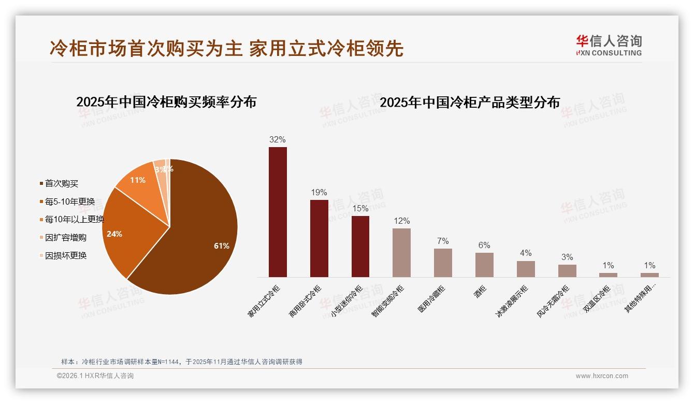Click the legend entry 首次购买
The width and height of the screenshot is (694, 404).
point(61,183)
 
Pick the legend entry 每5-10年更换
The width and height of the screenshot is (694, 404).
point(69,201)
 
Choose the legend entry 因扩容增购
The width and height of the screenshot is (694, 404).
point(65,237)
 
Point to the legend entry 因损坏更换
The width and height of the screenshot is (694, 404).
point(65,255)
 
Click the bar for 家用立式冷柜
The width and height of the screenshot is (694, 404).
point(278,212)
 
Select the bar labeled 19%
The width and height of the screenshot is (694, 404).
point(319,238)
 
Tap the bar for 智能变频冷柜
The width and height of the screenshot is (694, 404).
point(401,253)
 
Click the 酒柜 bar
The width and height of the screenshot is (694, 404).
point(484,265)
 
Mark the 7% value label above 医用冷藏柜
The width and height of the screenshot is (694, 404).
point(443,241)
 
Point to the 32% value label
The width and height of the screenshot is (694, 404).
point(278,139)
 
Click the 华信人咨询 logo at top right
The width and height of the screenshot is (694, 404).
point(609,45)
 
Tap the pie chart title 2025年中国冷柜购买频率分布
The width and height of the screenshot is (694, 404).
point(166,102)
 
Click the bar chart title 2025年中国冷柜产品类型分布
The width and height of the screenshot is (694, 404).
point(470,102)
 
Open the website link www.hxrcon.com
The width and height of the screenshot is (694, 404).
point(602,376)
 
